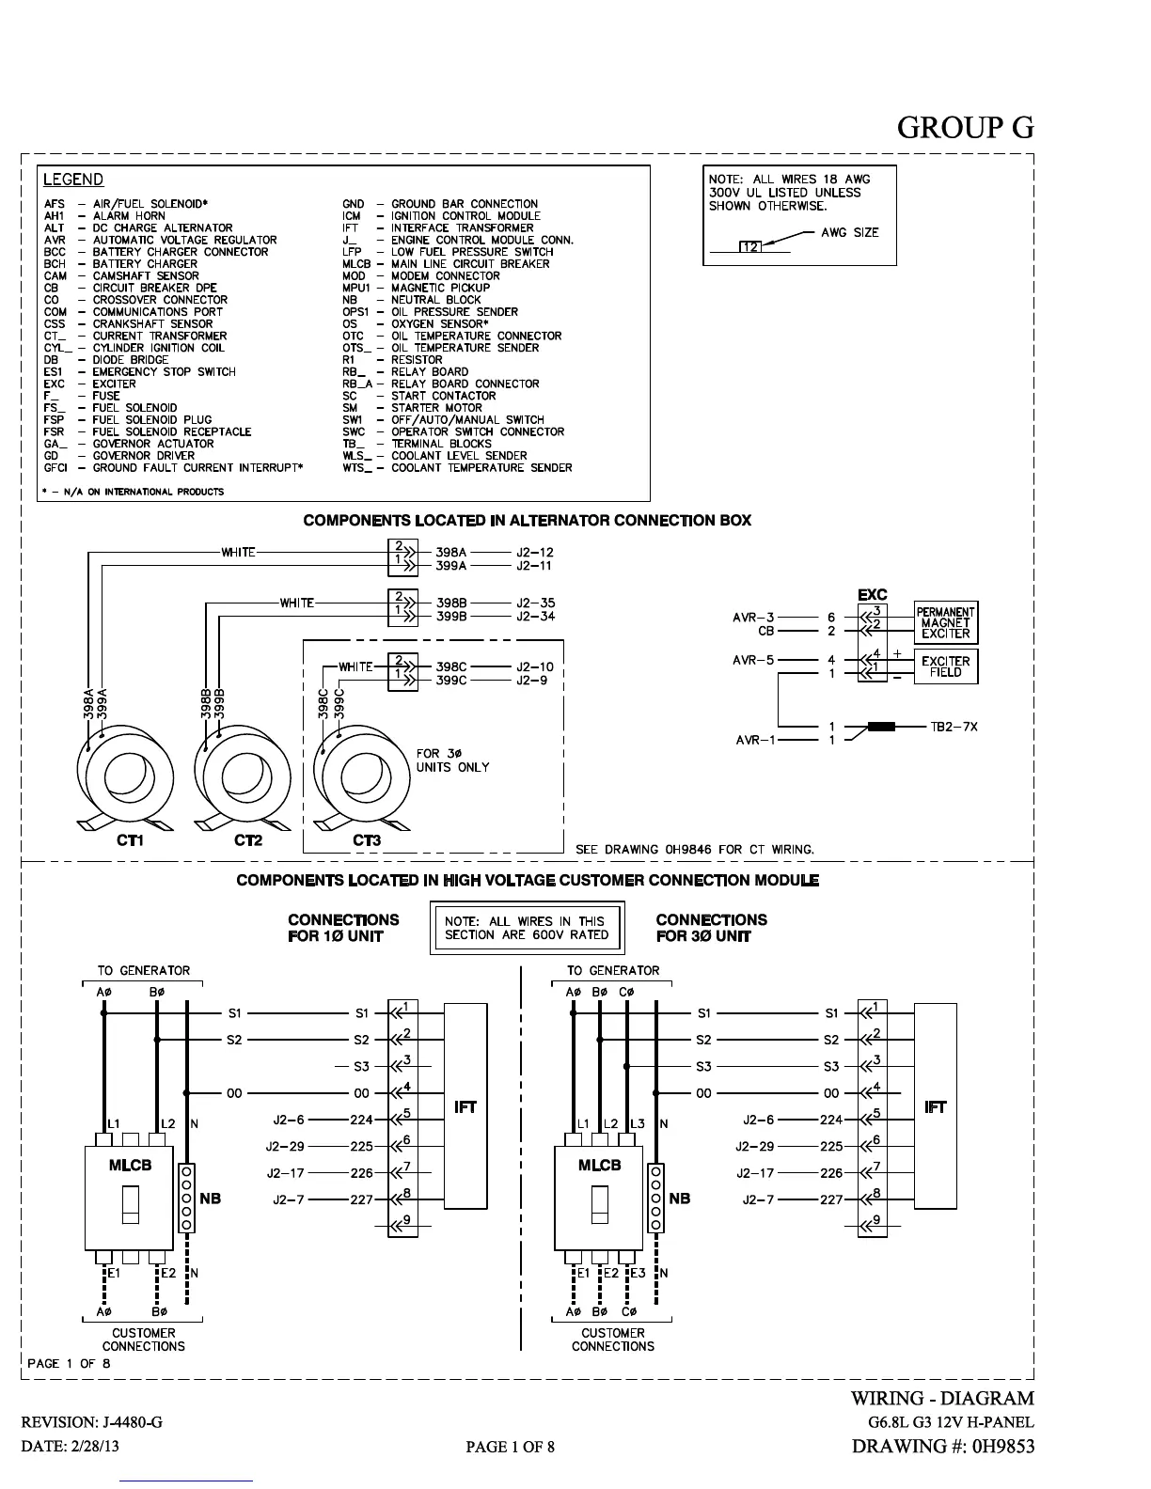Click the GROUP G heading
[965, 127]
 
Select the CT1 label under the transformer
[130, 840]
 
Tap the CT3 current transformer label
[367, 840]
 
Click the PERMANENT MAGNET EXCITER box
[945, 622]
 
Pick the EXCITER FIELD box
[945, 666]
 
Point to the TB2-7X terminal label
[954, 727]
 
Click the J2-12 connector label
[534, 553]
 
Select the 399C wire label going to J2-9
[451, 681]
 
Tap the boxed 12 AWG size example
[751, 247]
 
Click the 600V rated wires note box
[527, 928]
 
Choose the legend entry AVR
[160, 240]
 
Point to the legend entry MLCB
[446, 264]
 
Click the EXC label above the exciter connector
[872, 595]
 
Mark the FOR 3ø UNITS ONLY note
[452, 760]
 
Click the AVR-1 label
[756, 740]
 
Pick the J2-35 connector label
[535, 603]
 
